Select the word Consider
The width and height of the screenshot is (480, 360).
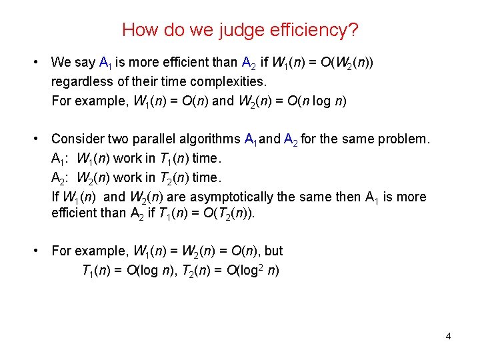point(77,139)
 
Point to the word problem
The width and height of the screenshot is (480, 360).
point(405,139)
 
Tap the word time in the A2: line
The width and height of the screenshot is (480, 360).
point(204,178)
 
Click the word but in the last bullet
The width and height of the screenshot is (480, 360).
point(273,251)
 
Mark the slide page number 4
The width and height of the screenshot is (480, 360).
point(448,336)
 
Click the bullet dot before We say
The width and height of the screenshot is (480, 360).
point(35,63)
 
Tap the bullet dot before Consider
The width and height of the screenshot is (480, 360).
point(35,139)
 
